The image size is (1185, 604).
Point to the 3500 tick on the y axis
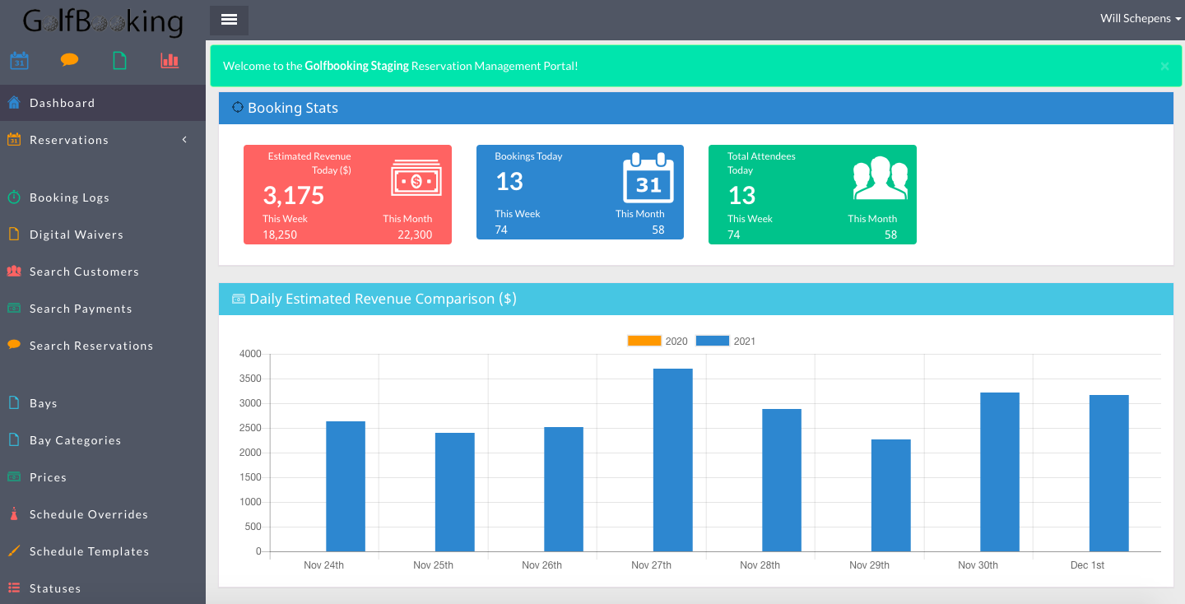250,379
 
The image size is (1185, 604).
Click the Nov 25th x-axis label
433,565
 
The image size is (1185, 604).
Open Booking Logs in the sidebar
69,197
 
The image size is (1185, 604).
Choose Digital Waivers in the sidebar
76,235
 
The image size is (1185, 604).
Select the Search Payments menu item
81,309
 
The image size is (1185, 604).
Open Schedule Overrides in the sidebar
88,514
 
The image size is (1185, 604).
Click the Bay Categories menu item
75,440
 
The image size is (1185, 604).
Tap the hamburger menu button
229,20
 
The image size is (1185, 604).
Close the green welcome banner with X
1164,67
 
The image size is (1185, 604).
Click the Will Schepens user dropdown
1141,18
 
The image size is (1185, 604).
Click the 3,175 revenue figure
294,195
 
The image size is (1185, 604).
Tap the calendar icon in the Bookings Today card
648,179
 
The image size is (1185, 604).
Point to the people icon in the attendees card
880,178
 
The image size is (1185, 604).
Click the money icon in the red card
416,179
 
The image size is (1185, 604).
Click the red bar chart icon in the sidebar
170,60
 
